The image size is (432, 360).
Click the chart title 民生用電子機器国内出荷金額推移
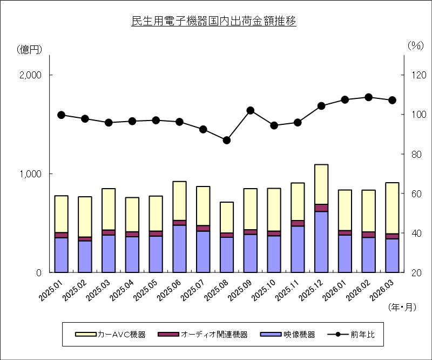[x=214, y=22]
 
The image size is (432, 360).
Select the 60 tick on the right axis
[x=414, y=194]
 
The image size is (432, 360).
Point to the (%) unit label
[x=415, y=46]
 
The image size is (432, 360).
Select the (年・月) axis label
[x=402, y=307]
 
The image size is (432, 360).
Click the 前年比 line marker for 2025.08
[x=227, y=140]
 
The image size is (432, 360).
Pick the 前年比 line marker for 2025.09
[x=250, y=110]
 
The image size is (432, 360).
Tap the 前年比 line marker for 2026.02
[x=368, y=97]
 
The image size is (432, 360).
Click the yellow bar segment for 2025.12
[x=321, y=184]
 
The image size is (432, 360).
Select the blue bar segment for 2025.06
[x=180, y=249]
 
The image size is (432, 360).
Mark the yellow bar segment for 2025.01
[x=62, y=214]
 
